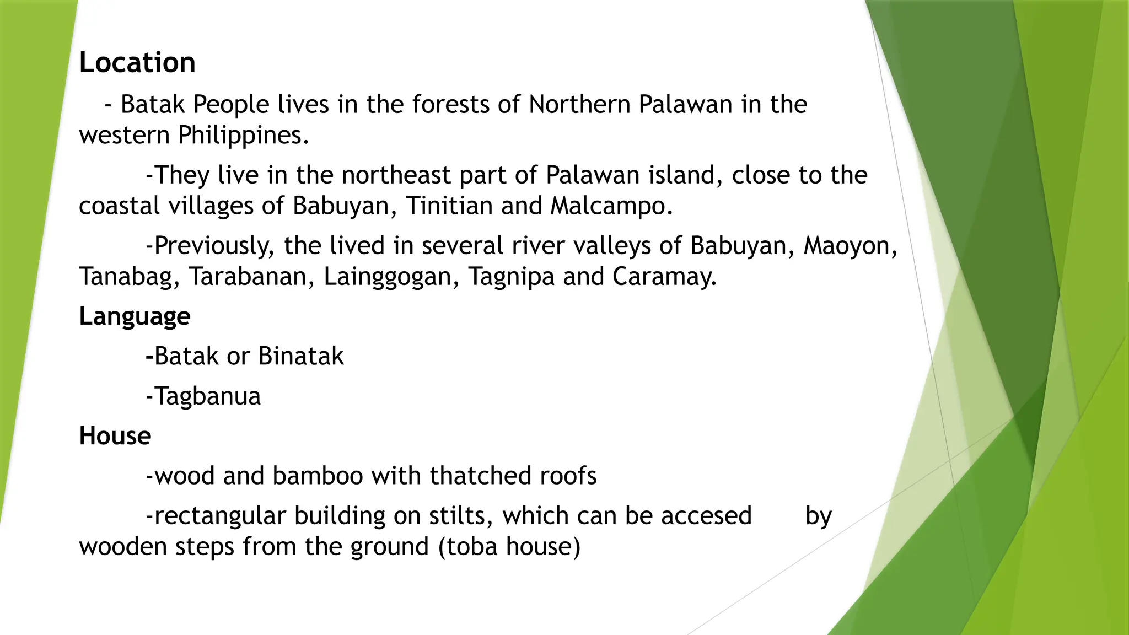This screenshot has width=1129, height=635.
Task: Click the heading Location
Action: (x=137, y=62)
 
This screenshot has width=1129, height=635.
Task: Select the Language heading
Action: (x=135, y=316)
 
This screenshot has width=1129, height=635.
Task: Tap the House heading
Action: (x=115, y=436)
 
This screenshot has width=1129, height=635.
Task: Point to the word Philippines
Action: (x=243, y=135)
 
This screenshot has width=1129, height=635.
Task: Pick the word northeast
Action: (x=396, y=175)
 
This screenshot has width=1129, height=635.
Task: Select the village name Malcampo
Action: (x=611, y=206)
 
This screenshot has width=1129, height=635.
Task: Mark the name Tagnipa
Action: (x=511, y=277)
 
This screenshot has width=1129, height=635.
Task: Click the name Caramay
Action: (x=664, y=277)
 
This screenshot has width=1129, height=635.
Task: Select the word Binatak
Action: (x=300, y=356)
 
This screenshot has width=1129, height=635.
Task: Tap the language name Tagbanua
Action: (x=207, y=396)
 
